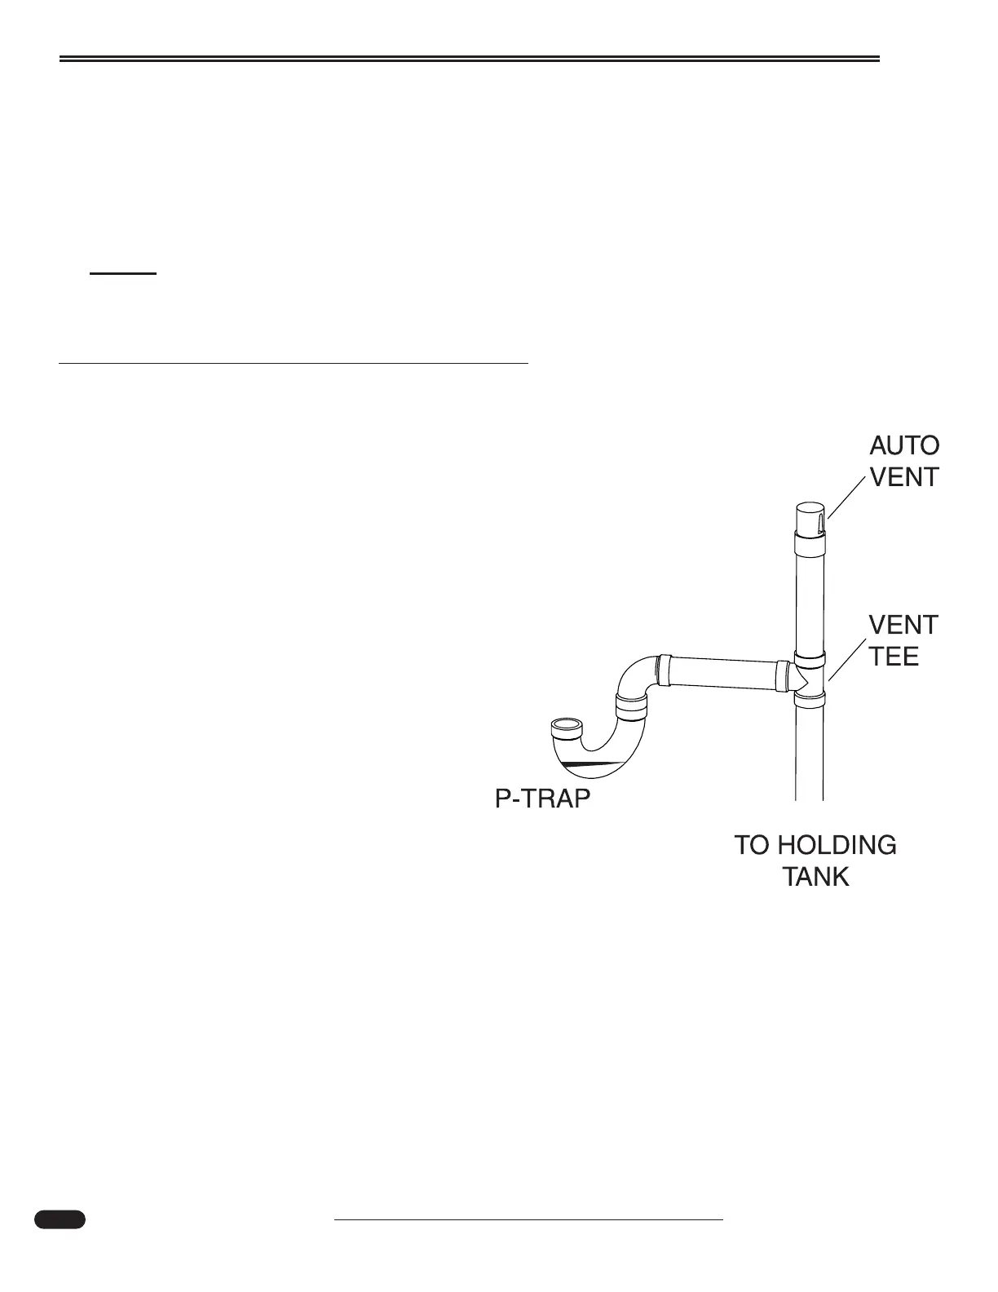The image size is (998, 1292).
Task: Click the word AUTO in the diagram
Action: click(904, 445)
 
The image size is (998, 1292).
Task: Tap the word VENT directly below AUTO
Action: click(904, 476)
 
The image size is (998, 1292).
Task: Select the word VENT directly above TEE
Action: click(903, 625)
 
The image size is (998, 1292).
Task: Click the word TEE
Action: click(894, 656)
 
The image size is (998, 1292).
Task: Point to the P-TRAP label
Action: click(542, 799)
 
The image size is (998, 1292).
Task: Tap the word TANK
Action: click(815, 877)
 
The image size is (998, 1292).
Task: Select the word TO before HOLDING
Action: click(752, 845)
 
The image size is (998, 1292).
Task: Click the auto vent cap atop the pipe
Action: click(808, 517)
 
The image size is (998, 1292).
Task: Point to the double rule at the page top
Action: click(470, 59)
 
